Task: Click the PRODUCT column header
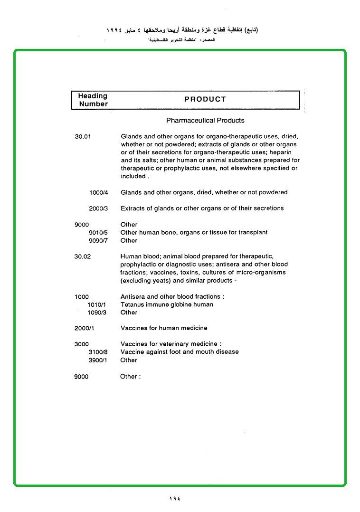(x=205, y=99)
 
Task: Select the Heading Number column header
(x=93, y=100)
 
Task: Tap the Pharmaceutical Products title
(x=205, y=121)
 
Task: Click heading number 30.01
(x=83, y=136)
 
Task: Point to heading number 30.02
(x=83, y=256)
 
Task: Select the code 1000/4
(x=99, y=192)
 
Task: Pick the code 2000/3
(x=99, y=209)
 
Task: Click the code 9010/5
(x=99, y=233)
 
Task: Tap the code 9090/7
(x=99, y=241)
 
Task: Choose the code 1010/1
(x=96, y=304)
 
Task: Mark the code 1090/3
(x=96, y=313)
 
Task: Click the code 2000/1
(x=84, y=328)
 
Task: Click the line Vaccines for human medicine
(x=164, y=328)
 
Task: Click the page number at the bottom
(x=175, y=498)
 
